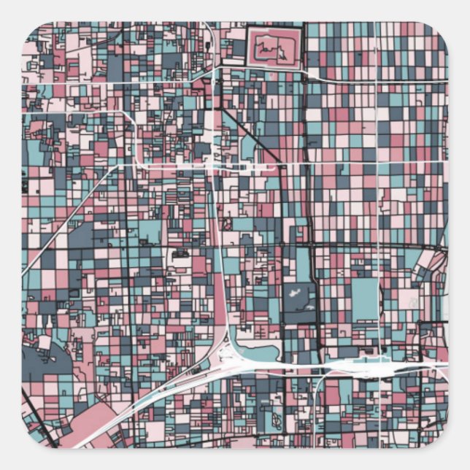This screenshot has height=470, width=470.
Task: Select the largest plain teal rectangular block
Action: [x=364, y=296]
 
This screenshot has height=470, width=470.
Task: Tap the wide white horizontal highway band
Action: [x=350, y=364]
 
